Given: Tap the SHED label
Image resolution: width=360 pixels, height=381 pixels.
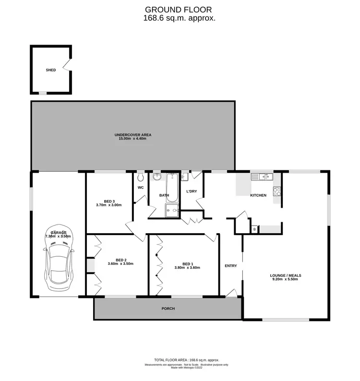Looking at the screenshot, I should pos(50,70).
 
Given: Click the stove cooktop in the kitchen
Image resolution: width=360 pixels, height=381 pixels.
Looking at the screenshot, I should pos(277,191).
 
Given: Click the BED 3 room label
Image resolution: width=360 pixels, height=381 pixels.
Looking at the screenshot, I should pos(109,201).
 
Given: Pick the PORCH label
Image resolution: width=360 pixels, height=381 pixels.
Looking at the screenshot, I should pos(168,309).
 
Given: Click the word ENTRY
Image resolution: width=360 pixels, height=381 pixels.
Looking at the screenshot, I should pos(231,266).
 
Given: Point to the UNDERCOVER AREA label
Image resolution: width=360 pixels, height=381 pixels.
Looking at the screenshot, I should pos(133,135).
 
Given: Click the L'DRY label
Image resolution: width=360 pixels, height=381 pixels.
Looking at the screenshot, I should pos(192,192).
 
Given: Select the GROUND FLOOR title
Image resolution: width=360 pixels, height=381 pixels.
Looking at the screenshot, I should pos(179,9).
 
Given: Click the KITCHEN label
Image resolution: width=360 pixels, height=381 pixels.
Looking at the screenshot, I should pos(258,195).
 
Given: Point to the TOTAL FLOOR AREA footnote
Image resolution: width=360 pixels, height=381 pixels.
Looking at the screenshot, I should pos(186,359).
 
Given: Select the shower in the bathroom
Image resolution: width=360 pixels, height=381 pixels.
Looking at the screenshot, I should pos(171,209).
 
